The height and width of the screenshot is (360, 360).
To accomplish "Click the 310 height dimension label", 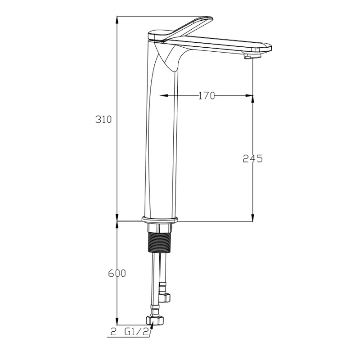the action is pyautogui.click(x=103, y=119).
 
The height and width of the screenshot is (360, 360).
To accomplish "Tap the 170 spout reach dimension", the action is pyautogui.click(x=207, y=96).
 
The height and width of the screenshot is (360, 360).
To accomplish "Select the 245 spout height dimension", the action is pyautogui.click(x=252, y=158).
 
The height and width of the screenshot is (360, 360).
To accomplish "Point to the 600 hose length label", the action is pyautogui.click(x=117, y=273).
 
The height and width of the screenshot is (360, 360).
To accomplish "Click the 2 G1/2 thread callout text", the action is pyautogui.click(x=130, y=332).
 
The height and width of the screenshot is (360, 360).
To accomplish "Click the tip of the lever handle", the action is pyautogui.click(x=211, y=19).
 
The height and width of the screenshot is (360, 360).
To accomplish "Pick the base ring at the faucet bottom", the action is pyautogui.click(x=160, y=220).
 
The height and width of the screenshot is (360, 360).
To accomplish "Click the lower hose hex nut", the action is pyautogui.click(x=155, y=320).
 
